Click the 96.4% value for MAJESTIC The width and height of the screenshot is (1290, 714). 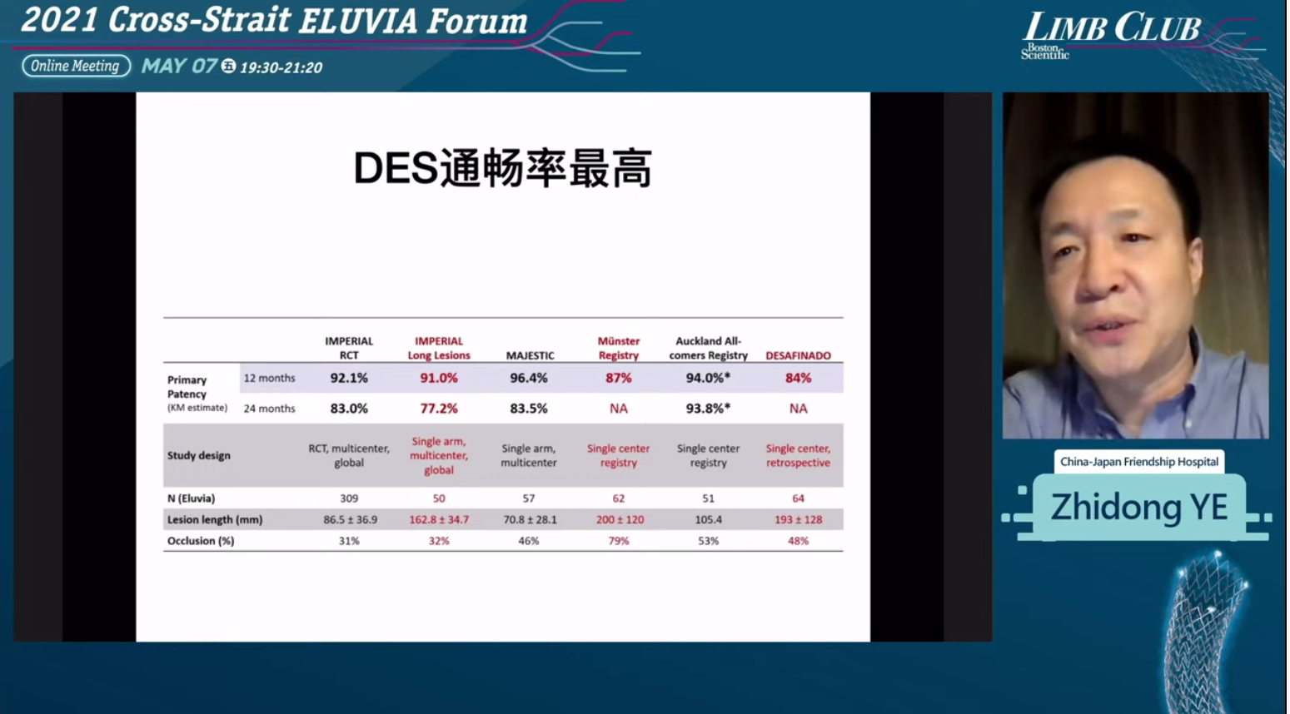(529, 378)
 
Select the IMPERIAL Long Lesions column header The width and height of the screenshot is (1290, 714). (439, 348)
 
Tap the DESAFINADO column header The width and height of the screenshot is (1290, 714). (798, 355)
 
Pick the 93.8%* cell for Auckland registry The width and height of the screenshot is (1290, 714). (708, 409)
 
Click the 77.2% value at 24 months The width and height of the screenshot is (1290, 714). (439, 409)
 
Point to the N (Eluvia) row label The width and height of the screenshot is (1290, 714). (192, 498)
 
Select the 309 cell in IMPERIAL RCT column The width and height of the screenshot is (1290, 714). (349, 498)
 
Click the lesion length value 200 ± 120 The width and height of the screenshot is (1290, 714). (620, 519)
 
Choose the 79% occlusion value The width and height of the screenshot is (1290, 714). (619, 541)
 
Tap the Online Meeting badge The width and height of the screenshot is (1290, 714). (76, 67)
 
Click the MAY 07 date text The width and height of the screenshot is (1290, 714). (179, 67)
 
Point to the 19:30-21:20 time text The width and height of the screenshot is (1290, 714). (281, 68)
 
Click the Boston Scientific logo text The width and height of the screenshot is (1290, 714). (1044, 52)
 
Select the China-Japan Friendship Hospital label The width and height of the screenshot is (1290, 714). (1139, 461)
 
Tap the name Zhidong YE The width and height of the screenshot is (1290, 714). (1139, 508)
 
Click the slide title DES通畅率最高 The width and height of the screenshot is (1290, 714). (503, 169)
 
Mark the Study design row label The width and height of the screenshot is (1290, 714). (199, 456)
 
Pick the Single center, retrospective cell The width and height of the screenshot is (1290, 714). (798, 456)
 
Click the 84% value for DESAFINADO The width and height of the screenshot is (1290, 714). (798, 378)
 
